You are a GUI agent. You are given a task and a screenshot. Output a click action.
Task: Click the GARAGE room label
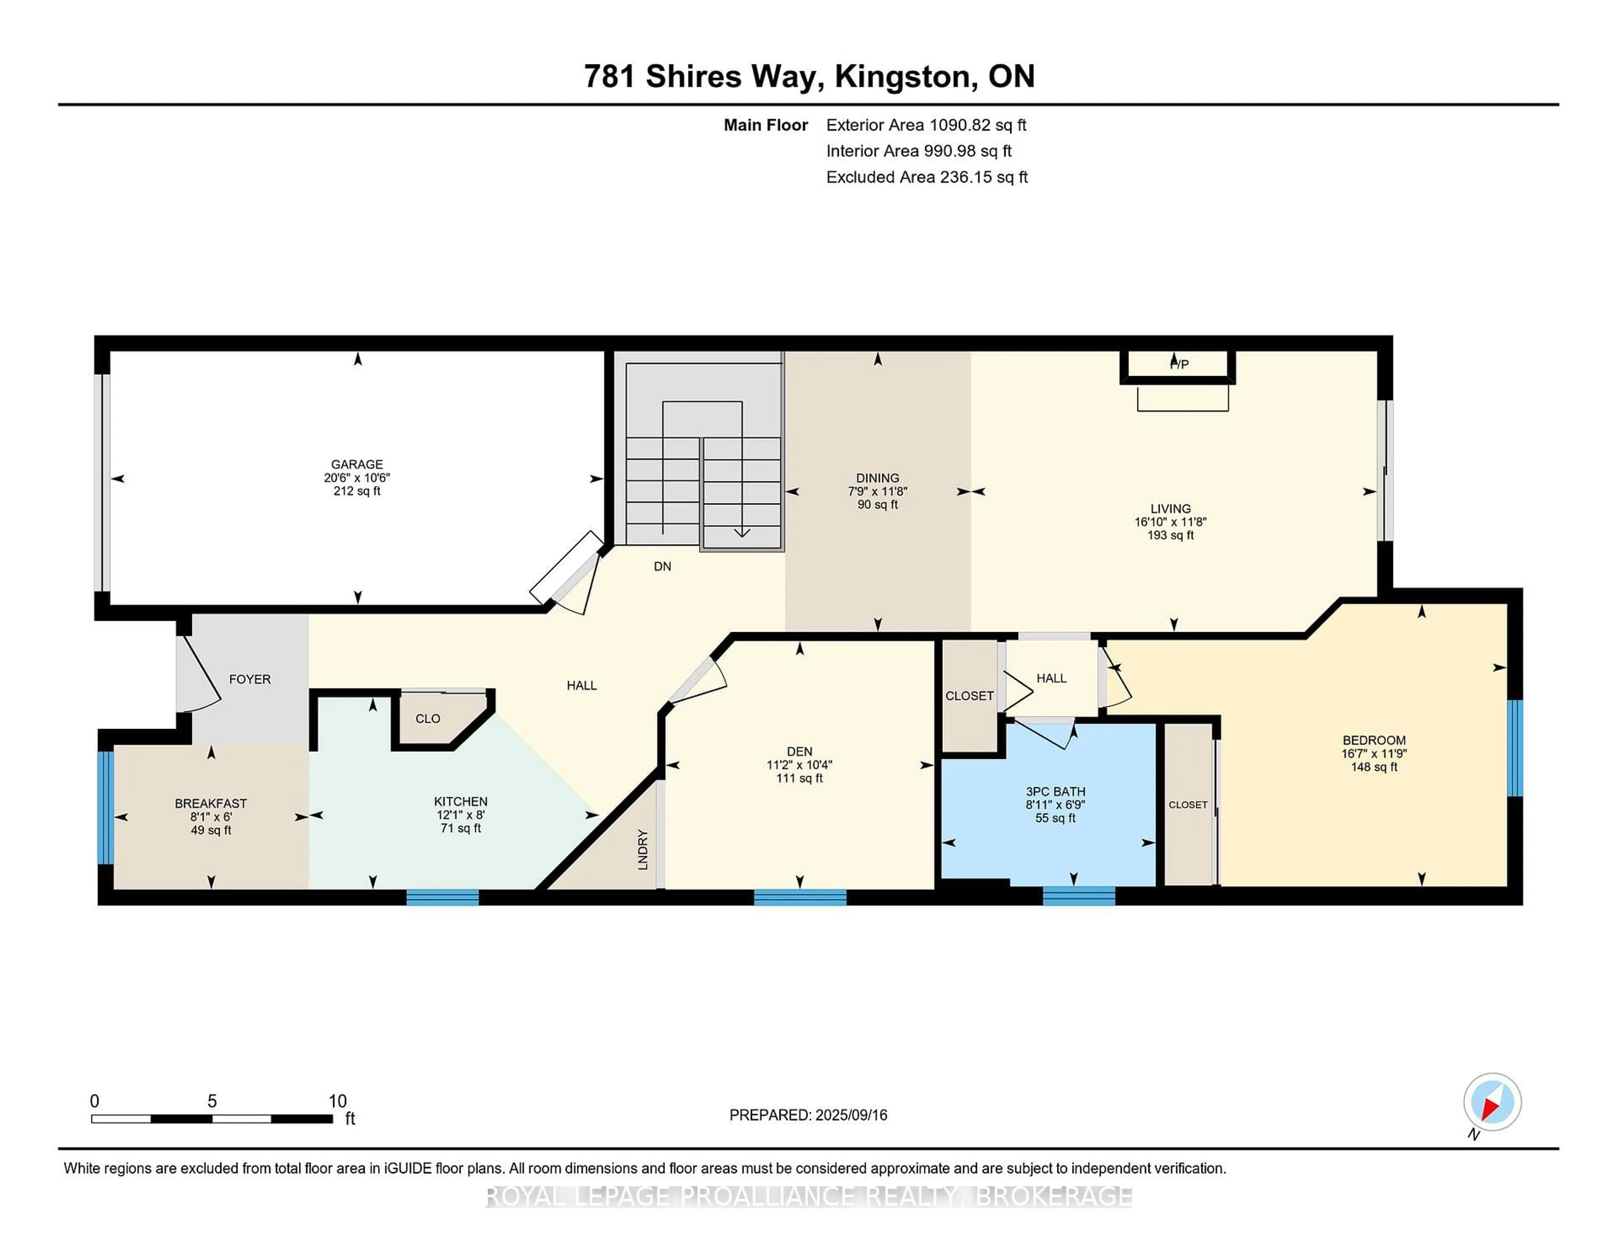(x=357, y=464)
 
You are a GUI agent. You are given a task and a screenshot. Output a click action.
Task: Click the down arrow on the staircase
(x=741, y=532)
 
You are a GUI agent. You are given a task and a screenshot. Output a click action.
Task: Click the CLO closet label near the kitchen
(x=427, y=718)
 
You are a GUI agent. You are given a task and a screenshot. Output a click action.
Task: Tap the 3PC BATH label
(x=1055, y=792)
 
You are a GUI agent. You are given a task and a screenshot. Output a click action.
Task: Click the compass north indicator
(x=1492, y=1102)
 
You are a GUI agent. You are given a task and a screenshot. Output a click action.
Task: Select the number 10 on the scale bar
(x=338, y=1101)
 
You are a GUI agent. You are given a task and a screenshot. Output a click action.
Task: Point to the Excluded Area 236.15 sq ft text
(x=926, y=177)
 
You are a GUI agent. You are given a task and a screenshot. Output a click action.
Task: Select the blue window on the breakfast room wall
(x=106, y=807)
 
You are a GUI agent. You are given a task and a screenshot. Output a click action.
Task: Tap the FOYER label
(x=250, y=679)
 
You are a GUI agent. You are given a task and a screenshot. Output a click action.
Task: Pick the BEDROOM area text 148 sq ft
(x=1374, y=767)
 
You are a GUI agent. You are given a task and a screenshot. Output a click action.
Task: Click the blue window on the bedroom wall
(x=1515, y=748)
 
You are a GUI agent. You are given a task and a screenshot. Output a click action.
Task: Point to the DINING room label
(x=878, y=478)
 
